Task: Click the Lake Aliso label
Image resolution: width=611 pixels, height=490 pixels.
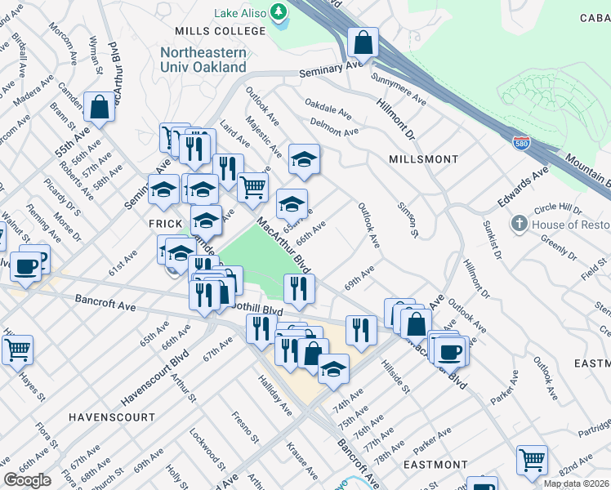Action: [241, 14]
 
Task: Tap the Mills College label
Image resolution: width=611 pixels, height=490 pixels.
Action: [221, 31]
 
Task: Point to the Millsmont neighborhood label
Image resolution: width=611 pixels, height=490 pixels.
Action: [423, 158]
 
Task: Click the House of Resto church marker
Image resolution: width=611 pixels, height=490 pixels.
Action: [518, 224]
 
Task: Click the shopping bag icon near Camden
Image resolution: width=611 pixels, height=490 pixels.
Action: [99, 108]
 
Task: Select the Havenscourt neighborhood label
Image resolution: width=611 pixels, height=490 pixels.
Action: [112, 416]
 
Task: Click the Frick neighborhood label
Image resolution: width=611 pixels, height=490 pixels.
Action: [163, 223]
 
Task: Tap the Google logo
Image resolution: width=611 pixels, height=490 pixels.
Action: [27, 480]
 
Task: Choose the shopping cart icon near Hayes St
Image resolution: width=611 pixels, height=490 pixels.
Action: [17, 350]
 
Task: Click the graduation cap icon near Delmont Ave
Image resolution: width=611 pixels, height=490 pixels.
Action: [304, 158]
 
